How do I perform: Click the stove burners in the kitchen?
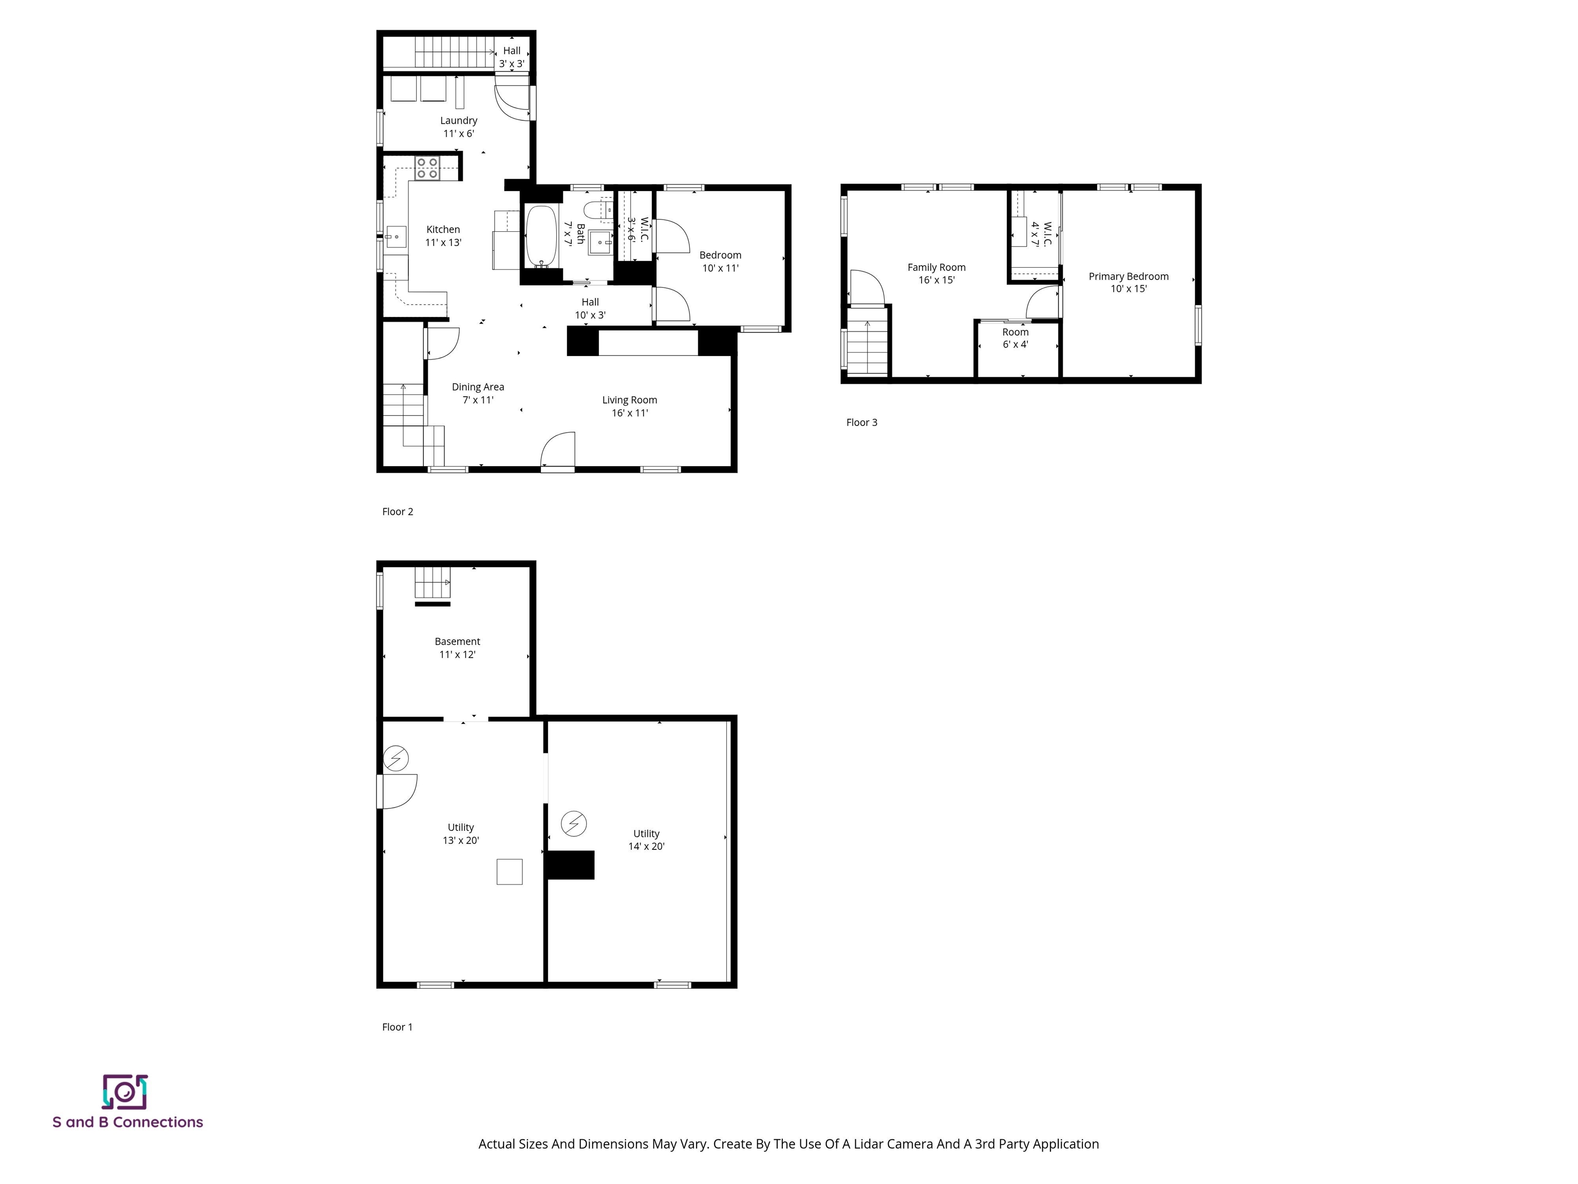pyautogui.click(x=427, y=168)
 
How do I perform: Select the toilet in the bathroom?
pyautogui.click(x=594, y=210)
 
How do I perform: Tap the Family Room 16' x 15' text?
pyautogui.click(x=936, y=273)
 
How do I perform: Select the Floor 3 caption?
pyautogui.click(x=861, y=422)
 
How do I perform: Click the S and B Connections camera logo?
pyautogui.click(x=125, y=1092)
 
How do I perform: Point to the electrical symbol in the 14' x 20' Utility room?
pyautogui.click(x=574, y=824)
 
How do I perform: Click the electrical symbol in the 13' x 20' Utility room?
pyautogui.click(x=396, y=758)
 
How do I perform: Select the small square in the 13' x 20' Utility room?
pyautogui.click(x=510, y=872)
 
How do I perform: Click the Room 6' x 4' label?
pyautogui.click(x=1015, y=338)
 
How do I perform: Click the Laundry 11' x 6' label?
pyautogui.click(x=458, y=127)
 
